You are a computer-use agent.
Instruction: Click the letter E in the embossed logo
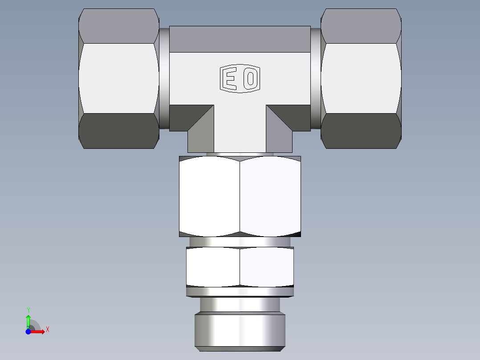230,79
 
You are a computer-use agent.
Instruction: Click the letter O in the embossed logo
251,79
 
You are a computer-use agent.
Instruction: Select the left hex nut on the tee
119,78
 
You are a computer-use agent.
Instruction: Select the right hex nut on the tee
361,78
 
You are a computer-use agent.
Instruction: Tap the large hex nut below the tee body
240,196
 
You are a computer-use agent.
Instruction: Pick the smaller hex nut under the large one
240,267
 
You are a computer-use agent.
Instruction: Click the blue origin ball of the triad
28,332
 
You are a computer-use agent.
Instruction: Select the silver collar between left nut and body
164,78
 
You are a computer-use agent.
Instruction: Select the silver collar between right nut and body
316,78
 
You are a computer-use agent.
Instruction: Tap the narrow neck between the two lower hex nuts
240,242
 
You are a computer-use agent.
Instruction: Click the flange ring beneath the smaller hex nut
240,292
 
